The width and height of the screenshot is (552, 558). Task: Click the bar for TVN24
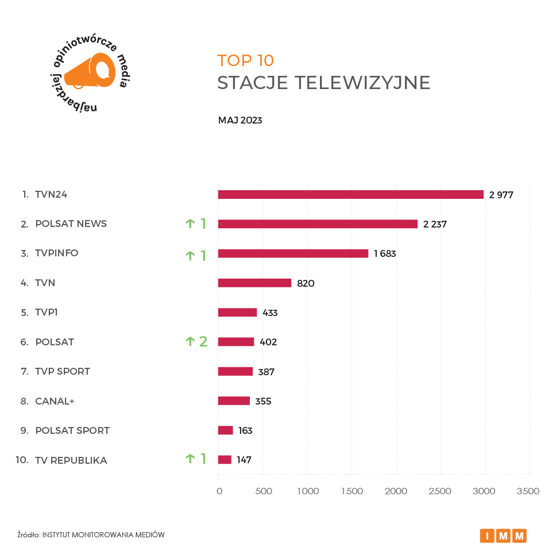[x=350, y=195]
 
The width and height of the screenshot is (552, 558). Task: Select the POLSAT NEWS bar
[x=318, y=224]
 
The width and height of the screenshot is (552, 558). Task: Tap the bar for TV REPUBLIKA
[x=225, y=460]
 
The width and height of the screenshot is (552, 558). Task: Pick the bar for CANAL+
[x=234, y=401]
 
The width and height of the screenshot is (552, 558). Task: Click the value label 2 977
[x=501, y=195]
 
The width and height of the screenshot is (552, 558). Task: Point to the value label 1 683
[x=385, y=253]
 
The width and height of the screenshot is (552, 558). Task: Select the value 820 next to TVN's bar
[x=306, y=283]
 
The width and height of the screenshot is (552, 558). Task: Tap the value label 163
[x=245, y=430]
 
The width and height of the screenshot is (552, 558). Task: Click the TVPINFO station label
[x=56, y=253]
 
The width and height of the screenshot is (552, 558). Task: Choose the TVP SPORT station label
[x=62, y=371]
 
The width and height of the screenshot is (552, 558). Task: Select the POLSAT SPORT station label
[x=72, y=430]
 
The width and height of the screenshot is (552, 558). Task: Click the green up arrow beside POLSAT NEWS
[x=190, y=224]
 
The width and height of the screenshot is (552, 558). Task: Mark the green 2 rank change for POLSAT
[x=203, y=342]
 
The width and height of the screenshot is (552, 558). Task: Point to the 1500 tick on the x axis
[x=352, y=491]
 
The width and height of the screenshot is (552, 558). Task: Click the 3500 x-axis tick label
[x=528, y=491]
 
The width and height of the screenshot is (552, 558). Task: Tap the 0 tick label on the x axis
[x=219, y=491]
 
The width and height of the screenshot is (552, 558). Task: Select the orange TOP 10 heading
[x=245, y=60]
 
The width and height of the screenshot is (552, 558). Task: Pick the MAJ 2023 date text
[x=240, y=120]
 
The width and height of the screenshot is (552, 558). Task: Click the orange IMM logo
[x=503, y=536]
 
